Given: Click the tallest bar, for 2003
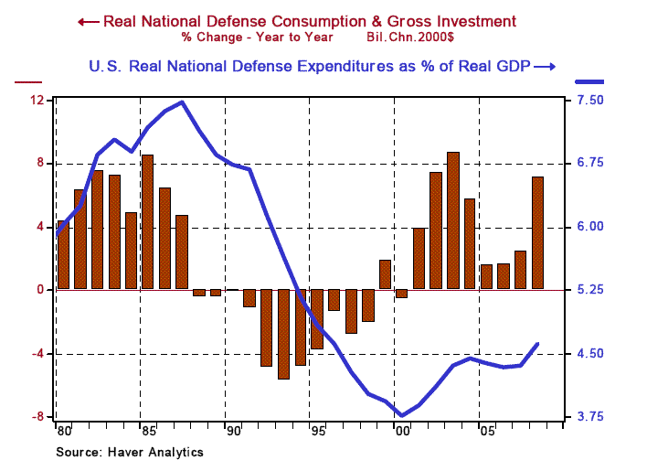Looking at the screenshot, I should [x=453, y=221].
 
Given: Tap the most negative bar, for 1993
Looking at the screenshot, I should [x=283, y=334].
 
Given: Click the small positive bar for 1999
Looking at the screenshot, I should [x=385, y=275].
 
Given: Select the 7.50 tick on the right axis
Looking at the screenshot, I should [x=591, y=100].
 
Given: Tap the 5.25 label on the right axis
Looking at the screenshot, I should [x=591, y=290].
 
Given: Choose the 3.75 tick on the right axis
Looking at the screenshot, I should [x=591, y=417].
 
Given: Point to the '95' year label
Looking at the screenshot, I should [x=317, y=431].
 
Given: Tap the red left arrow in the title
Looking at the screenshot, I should [x=89, y=21].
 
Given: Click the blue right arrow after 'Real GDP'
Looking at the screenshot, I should [x=545, y=66].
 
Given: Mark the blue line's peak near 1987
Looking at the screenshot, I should [x=181, y=102].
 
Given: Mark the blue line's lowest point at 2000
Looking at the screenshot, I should [x=402, y=415].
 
